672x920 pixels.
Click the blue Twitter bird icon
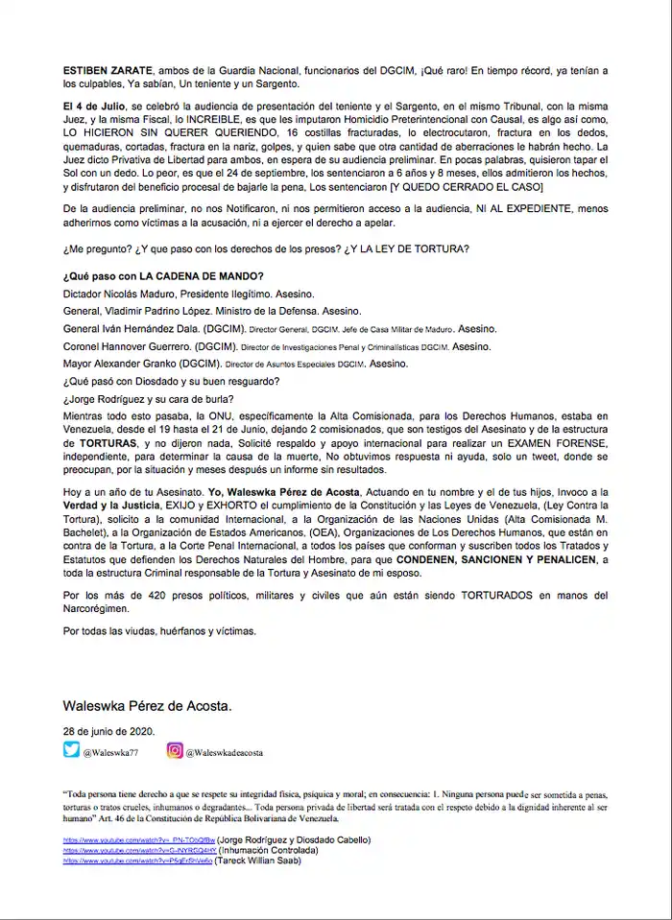[71, 751]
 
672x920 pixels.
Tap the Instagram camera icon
[176, 751]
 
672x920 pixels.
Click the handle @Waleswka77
[111, 753]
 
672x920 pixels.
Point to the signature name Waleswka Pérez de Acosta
[147, 705]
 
